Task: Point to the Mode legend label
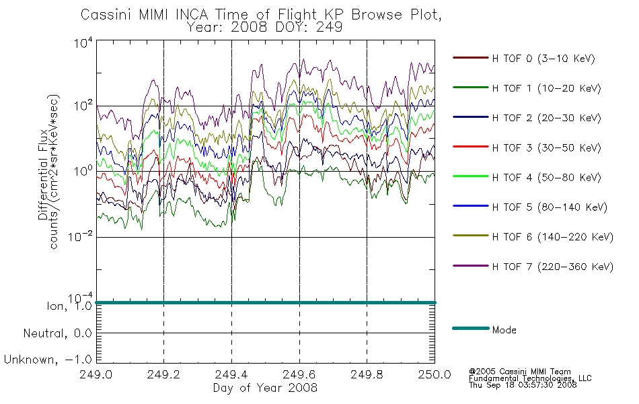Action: (x=504, y=330)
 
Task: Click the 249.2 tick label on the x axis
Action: (x=163, y=374)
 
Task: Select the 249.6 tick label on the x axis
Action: (x=299, y=374)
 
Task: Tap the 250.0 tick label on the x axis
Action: (x=435, y=374)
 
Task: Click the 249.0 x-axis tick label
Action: (x=96, y=374)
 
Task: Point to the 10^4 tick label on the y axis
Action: (x=83, y=42)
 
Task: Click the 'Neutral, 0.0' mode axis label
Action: (x=57, y=333)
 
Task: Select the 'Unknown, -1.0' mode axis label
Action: (x=48, y=360)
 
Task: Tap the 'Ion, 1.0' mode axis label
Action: (x=69, y=306)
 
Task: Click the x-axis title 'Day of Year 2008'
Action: (x=265, y=388)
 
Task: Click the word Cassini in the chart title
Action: (x=106, y=15)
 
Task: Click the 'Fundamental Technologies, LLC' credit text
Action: (x=530, y=378)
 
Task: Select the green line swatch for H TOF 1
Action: (x=470, y=88)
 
